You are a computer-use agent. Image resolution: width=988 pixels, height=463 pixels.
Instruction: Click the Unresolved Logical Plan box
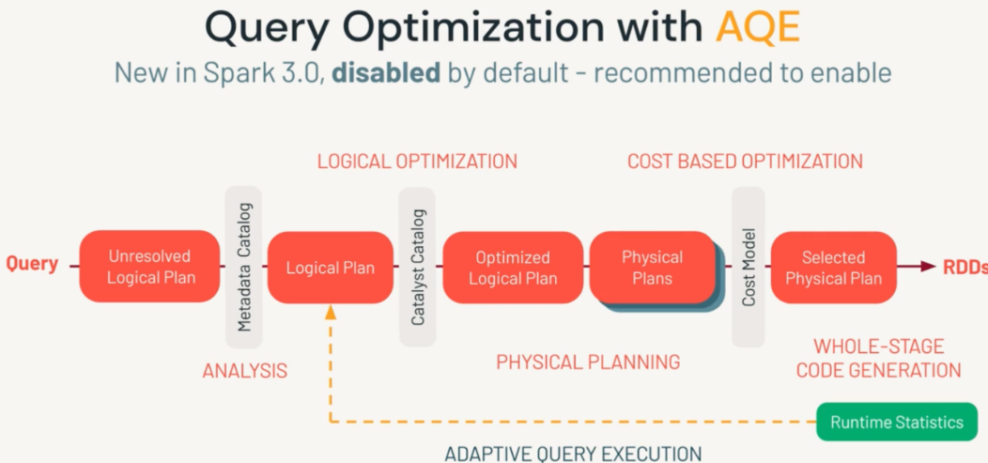point(150,267)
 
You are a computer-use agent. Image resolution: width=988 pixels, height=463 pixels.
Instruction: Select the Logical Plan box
point(331,268)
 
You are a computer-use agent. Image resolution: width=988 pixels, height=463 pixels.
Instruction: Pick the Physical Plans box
point(652,268)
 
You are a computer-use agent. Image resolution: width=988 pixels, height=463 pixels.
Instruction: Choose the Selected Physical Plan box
point(833,268)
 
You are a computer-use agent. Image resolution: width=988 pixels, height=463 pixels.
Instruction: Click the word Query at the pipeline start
point(32,264)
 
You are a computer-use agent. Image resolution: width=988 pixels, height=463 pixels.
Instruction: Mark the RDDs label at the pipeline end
point(965,267)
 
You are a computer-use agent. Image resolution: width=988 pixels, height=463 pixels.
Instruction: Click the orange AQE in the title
point(757,28)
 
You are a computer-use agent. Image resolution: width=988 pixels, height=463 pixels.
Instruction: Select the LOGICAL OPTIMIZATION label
point(417,162)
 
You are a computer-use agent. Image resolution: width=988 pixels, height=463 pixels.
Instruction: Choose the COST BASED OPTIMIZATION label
point(745,162)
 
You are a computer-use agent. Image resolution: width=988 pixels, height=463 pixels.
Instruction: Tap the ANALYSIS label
point(245,371)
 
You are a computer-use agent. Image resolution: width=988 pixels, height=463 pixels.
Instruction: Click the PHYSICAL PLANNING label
point(588,362)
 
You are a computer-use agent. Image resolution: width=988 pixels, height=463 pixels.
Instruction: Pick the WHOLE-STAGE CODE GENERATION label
point(878,359)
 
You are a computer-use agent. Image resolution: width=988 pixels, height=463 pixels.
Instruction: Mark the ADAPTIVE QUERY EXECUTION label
point(573,454)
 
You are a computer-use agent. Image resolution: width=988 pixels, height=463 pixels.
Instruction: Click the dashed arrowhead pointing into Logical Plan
point(331,312)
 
